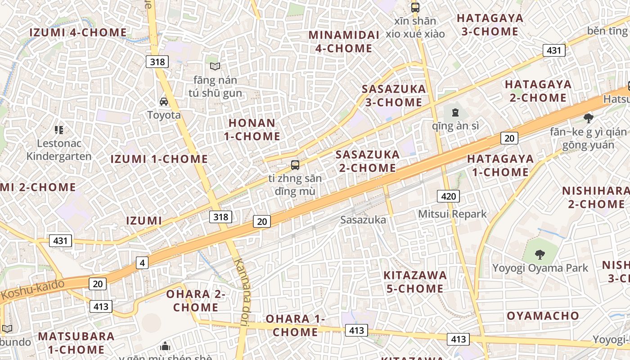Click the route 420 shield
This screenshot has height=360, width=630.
click(x=448, y=196)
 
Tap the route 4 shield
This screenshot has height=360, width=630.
click(x=142, y=263)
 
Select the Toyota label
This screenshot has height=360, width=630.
click(x=164, y=115)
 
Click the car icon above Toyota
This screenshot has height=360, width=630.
click(x=164, y=102)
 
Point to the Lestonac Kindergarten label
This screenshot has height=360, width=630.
click(x=59, y=150)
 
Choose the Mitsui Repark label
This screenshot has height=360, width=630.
click(x=452, y=214)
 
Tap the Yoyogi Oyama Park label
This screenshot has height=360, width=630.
click(x=540, y=268)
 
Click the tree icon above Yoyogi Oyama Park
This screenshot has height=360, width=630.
click(x=540, y=255)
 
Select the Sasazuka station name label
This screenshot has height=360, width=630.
click(x=363, y=220)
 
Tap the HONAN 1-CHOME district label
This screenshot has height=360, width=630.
click(x=252, y=129)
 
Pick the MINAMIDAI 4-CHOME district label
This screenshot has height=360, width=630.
click(x=341, y=41)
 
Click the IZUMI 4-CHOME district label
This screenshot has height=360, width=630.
click(x=78, y=32)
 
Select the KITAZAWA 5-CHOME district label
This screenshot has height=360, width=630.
click(x=415, y=282)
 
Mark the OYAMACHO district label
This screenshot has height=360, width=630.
click(x=543, y=316)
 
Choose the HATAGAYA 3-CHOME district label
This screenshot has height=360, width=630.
click(x=490, y=25)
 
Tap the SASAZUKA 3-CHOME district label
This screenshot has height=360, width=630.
click(x=394, y=95)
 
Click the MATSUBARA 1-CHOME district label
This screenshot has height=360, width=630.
click(x=76, y=343)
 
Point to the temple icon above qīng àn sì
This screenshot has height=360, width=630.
click(x=455, y=112)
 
